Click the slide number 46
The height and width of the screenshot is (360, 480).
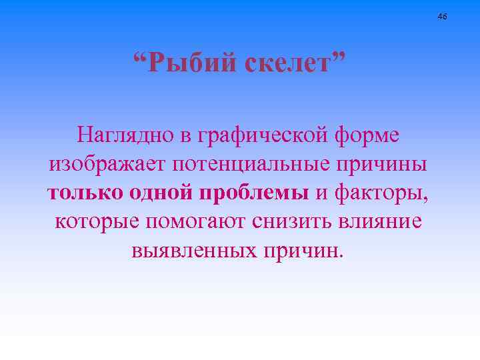click(443, 15)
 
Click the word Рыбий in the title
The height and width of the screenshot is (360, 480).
click(192, 65)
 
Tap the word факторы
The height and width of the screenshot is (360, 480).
click(383, 193)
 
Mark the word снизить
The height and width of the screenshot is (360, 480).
click(295, 221)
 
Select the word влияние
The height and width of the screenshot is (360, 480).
click(383, 221)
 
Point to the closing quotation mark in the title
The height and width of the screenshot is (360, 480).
click(340, 59)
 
